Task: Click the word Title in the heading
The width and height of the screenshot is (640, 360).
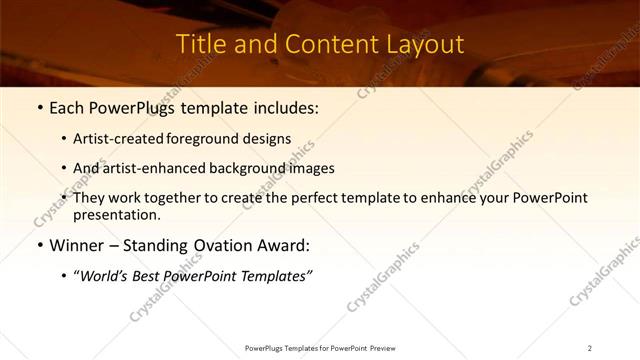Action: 200,45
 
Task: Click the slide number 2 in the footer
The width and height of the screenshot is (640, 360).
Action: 590,348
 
